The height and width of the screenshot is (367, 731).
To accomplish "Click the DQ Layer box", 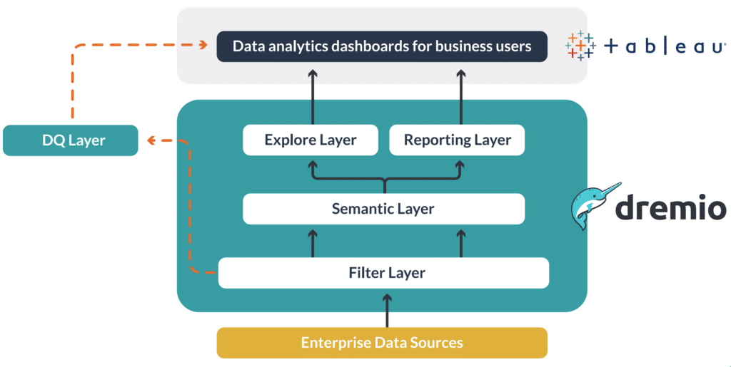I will (70, 140).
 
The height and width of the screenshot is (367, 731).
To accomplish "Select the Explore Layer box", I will (310, 140).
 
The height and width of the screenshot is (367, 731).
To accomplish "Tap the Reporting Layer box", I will (457, 140).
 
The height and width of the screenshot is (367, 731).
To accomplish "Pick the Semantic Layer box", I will (383, 209).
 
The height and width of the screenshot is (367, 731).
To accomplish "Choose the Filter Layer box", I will (383, 273).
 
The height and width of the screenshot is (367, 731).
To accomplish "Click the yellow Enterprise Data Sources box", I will (382, 343).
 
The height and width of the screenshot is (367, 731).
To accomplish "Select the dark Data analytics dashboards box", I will (382, 47).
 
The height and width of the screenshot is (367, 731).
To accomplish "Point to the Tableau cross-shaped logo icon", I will (580, 46).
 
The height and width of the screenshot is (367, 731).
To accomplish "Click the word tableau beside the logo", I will (665, 47).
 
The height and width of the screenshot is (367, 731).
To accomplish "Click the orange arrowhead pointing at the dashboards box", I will (206, 47).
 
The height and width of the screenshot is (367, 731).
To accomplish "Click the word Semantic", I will (359, 209).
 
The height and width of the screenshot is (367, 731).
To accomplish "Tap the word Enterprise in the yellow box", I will (331, 343).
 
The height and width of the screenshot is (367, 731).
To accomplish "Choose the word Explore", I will (288, 140).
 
